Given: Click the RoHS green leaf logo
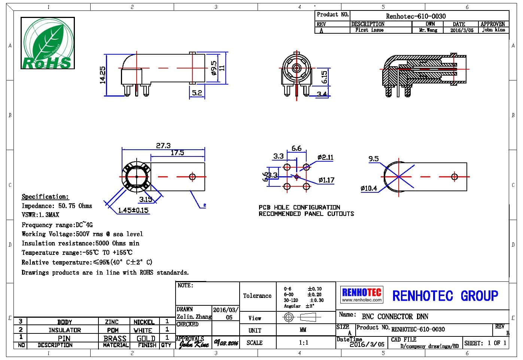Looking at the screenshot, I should click(x=48, y=43).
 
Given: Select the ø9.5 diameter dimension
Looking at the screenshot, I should click(x=214, y=68).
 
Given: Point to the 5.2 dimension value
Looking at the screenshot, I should click(x=197, y=92).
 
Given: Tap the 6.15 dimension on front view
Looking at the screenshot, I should click(x=324, y=77).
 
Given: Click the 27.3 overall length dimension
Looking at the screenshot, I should click(x=163, y=146).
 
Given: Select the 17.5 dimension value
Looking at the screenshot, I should click(x=177, y=153).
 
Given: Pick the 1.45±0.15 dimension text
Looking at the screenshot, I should click(x=133, y=210).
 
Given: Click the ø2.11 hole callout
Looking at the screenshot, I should click(x=325, y=157).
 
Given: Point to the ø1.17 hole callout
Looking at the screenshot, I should click(x=326, y=180).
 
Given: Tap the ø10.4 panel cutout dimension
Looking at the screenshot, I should click(x=369, y=188).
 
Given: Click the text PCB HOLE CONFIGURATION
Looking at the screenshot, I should click(x=299, y=207).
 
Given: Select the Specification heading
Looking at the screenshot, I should click(x=45, y=196).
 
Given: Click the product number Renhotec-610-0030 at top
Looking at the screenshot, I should click(x=416, y=16).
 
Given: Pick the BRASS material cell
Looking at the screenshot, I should click(x=115, y=338).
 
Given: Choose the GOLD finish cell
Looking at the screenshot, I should click(x=146, y=338).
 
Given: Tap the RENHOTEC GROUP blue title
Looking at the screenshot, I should click(x=445, y=296).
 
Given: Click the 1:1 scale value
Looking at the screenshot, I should click(x=304, y=342).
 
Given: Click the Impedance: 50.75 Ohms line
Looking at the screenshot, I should click(x=57, y=206).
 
